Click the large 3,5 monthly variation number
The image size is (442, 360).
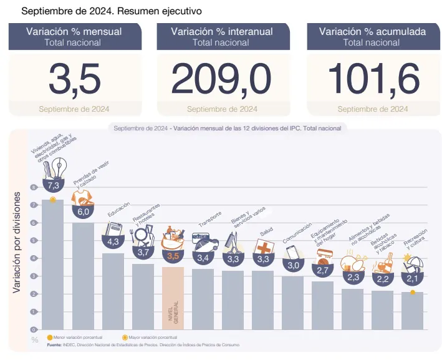click(74, 80)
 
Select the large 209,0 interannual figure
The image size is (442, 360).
click(221, 80)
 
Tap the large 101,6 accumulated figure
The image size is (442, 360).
click(373, 80)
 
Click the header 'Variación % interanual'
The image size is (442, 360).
click(221, 31)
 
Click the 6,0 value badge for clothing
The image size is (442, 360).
click(83, 212)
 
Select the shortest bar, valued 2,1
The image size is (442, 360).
click(412, 311)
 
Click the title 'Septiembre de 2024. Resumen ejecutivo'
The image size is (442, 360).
click(112, 11)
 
